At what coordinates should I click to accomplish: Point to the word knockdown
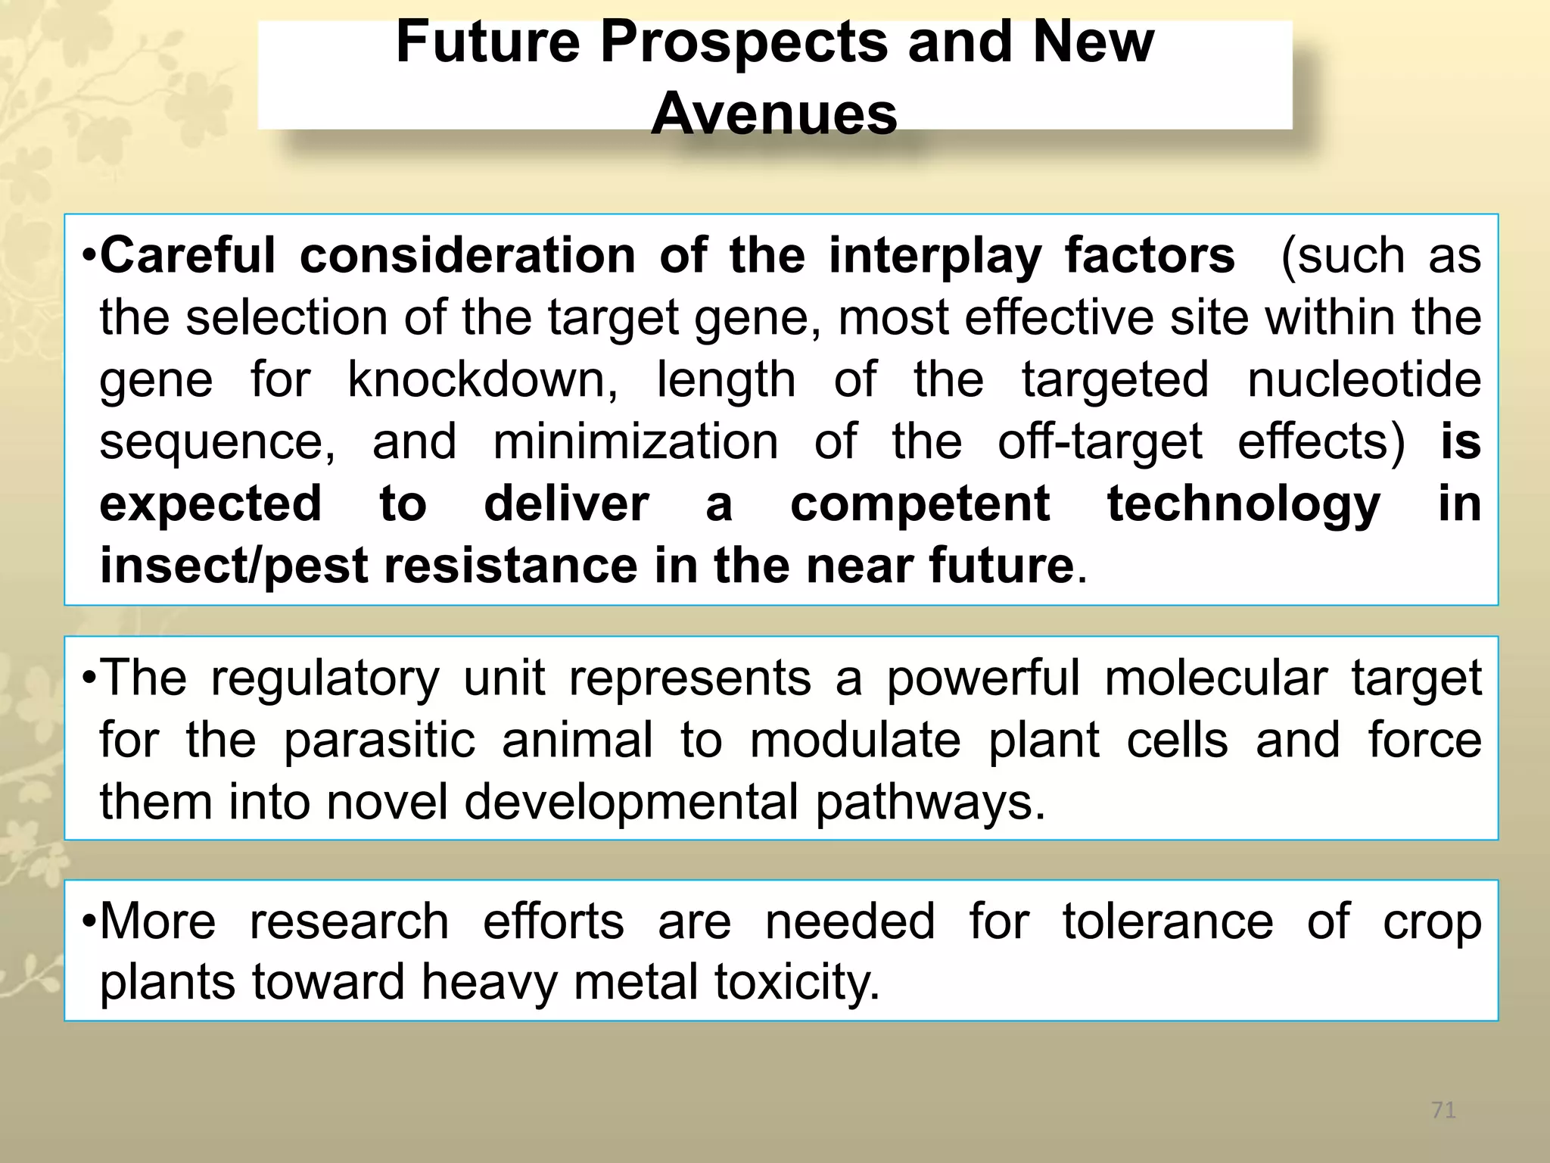coord(482,379)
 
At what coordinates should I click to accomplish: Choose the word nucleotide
coord(1364,379)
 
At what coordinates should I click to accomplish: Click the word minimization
coord(635,441)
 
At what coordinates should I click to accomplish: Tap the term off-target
coord(1099,441)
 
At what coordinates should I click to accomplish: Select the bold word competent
coord(920,504)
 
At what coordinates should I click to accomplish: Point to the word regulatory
coord(325,678)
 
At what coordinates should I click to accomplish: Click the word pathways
coord(929,802)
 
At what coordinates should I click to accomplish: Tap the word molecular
coord(1215,678)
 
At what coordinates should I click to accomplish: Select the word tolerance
coord(1167,921)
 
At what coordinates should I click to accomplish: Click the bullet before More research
coord(89,923)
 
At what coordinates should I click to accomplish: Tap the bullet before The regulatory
coord(89,678)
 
